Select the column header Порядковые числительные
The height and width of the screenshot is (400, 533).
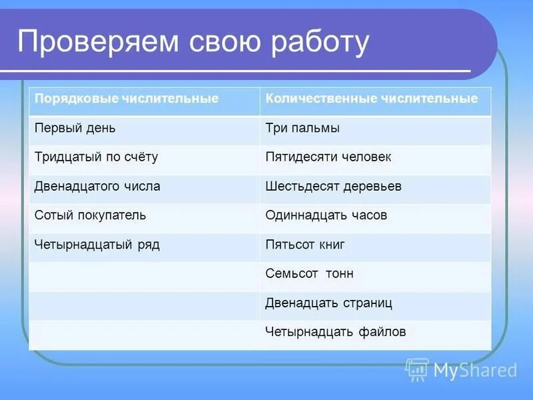(x=127, y=99)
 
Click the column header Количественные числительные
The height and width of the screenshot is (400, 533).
(x=371, y=99)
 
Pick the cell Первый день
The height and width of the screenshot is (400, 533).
(x=79, y=128)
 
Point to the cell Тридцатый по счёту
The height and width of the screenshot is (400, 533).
(x=96, y=157)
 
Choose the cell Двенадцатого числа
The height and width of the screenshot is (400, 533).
(x=97, y=187)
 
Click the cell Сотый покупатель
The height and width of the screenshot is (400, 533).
(x=90, y=215)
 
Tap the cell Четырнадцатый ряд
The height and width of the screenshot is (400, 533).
(x=97, y=245)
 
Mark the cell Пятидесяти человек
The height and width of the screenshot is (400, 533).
(x=328, y=157)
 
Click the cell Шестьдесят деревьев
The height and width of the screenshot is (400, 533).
(x=333, y=187)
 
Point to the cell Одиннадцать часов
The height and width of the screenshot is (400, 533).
(x=326, y=215)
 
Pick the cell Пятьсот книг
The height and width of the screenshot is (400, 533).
(x=304, y=245)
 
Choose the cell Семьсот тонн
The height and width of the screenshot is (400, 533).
(x=309, y=274)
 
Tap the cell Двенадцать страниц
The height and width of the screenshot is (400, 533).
(x=328, y=303)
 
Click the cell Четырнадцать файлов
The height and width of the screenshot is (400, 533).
(x=335, y=332)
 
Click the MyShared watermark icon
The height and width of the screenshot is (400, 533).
(x=417, y=369)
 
